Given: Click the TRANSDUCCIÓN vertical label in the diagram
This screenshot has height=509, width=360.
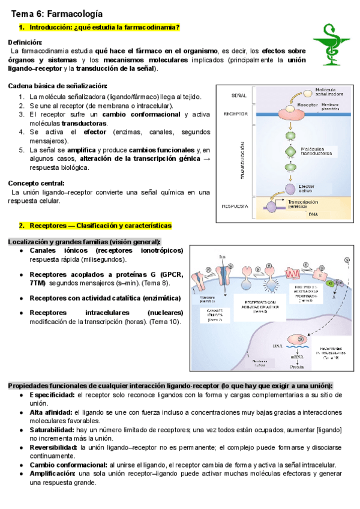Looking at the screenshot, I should coord(242,160).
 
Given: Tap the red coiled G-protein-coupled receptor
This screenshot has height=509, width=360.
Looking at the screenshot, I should coord(294,274).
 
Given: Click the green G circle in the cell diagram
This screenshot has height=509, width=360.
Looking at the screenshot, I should coord(329,282).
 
